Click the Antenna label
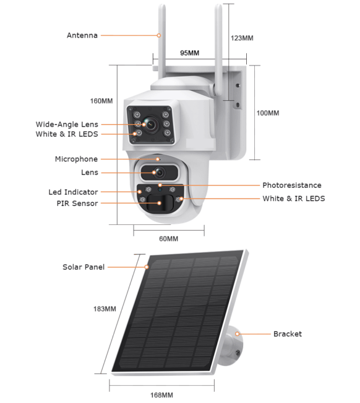pos(82,35)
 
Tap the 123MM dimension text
pos(241,38)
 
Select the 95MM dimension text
pos(189,53)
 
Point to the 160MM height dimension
pos(101,101)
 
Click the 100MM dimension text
pos(268,113)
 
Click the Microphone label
pos(76,159)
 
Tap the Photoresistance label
pos(292,185)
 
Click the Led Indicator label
pos(73,192)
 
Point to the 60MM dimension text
pos(168,239)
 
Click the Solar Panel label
pos(84,267)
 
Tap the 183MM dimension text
pos(105,308)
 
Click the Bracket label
pos(288,334)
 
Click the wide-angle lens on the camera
pos(150,123)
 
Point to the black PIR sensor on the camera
pos(160,203)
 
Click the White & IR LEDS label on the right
pos(294,198)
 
